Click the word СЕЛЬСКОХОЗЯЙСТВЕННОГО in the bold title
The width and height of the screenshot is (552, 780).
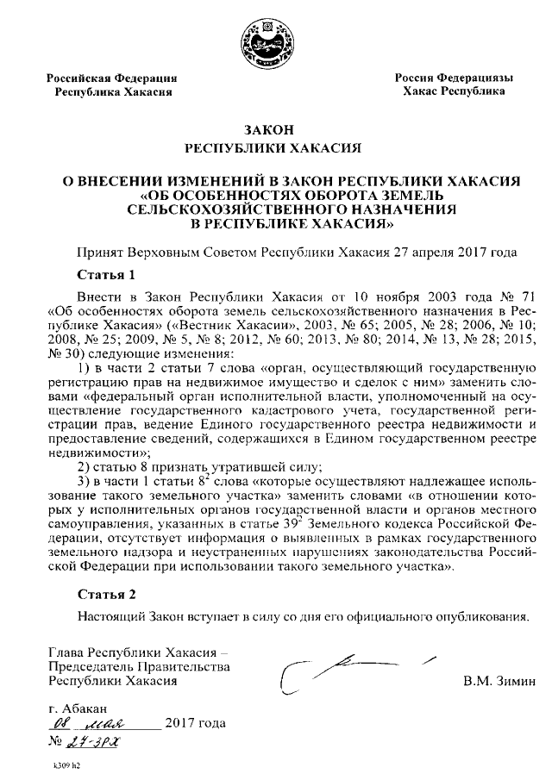coord(228,209)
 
